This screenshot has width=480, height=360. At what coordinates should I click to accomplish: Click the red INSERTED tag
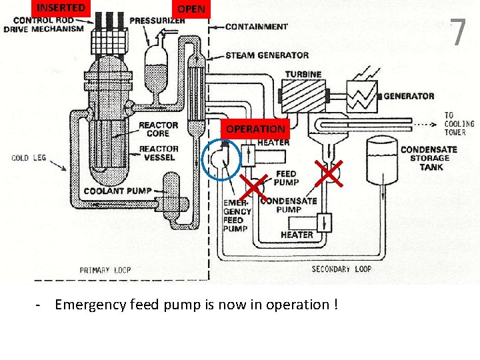(61, 8)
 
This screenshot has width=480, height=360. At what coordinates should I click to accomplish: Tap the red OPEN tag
(191, 9)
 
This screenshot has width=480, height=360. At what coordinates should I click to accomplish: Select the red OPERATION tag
(255, 129)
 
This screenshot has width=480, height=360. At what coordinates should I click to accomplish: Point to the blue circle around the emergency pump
(221, 160)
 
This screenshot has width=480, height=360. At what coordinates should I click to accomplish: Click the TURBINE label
(303, 74)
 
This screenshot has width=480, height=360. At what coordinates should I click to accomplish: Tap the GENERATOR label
(409, 96)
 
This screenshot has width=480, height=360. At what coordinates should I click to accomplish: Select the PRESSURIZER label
(157, 21)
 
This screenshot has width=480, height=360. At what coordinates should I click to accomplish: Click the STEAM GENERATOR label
(267, 55)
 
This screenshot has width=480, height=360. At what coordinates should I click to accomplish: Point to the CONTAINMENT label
(256, 27)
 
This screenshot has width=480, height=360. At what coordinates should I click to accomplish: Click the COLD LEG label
(29, 158)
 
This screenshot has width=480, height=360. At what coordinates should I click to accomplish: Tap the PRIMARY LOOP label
(105, 270)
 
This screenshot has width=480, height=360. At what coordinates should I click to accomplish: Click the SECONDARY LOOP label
(341, 269)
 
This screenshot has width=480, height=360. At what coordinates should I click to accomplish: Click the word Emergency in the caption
(91, 305)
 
